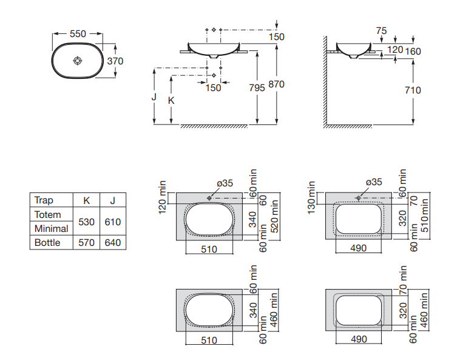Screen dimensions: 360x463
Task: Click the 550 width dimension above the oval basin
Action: point(78,34)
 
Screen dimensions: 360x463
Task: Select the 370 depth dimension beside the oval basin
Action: point(115,61)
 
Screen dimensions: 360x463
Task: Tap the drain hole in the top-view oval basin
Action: point(77,61)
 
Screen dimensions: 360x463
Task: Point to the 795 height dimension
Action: point(257,87)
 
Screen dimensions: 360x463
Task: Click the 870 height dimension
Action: point(277,84)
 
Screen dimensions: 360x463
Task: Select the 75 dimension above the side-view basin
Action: point(381,30)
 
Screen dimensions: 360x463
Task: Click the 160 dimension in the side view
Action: point(413,52)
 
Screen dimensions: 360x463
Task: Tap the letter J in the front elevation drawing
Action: point(155,97)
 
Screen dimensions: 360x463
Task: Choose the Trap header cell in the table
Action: point(44,200)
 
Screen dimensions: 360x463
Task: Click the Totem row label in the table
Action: point(48,215)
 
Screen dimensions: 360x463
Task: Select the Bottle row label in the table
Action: point(47,243)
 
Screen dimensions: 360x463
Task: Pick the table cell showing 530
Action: point(87,222)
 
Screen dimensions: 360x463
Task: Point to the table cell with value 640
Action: point(113,243)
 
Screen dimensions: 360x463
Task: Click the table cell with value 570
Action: point(87,243)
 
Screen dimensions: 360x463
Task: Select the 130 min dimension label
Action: point(312,197)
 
